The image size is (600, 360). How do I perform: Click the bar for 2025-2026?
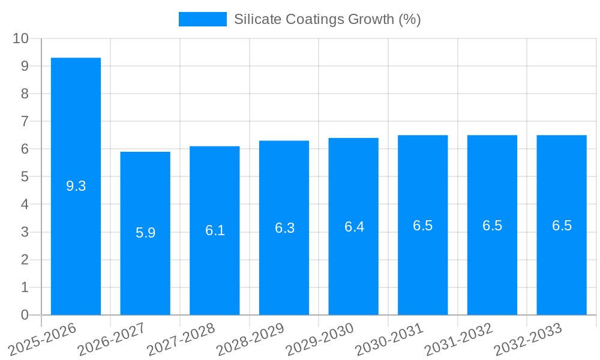point(76,186)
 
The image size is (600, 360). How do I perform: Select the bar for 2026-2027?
point(145,233)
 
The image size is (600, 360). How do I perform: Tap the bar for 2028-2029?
point(284,228)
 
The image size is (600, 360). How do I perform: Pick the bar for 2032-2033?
point(562,225)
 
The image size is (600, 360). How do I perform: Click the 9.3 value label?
point(76,186)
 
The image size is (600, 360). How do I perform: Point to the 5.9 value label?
point(145,233)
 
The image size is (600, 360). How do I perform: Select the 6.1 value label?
point(215,230)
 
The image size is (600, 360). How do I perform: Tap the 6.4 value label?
point(354,227)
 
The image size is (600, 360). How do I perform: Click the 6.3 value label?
point(284,228)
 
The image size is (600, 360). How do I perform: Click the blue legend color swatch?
point(202,19)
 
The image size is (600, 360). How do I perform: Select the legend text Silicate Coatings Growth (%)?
point(327,19)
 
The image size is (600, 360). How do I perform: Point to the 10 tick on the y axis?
point(21,38)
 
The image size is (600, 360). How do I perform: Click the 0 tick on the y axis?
point(25,315)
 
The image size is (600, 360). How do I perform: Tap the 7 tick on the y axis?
point(25,121)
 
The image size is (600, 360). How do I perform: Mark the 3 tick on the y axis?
point(25,232)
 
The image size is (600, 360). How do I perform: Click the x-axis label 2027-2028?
point(180,339)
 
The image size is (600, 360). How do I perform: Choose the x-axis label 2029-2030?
point(319,339)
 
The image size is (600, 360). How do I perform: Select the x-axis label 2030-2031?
point(389,339)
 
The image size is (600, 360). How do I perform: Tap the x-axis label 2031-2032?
point(458,339)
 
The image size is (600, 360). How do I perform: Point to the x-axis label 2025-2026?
point(42,339)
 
